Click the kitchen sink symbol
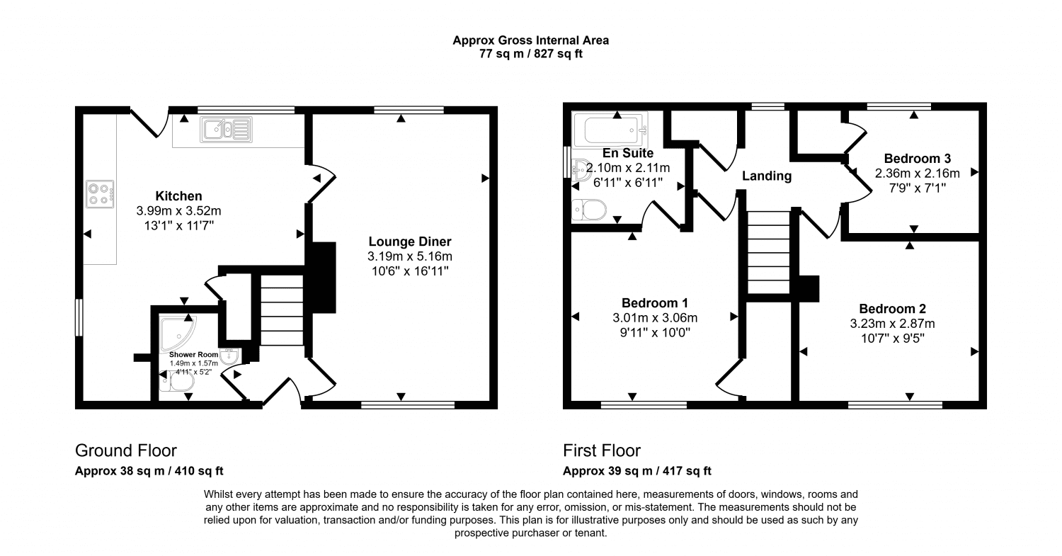[225, 130]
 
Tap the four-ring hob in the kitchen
[100, 194]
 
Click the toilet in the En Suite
[589, 210]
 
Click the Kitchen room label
[179, 196]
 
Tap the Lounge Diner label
[409, 242]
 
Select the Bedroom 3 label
[917, 158]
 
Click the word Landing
[766, 176]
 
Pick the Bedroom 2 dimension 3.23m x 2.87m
[892, 324]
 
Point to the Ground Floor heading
[125, 450]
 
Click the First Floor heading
[601, 450]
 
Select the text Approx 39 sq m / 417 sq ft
[636, 471]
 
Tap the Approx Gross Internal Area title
[530, 40]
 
